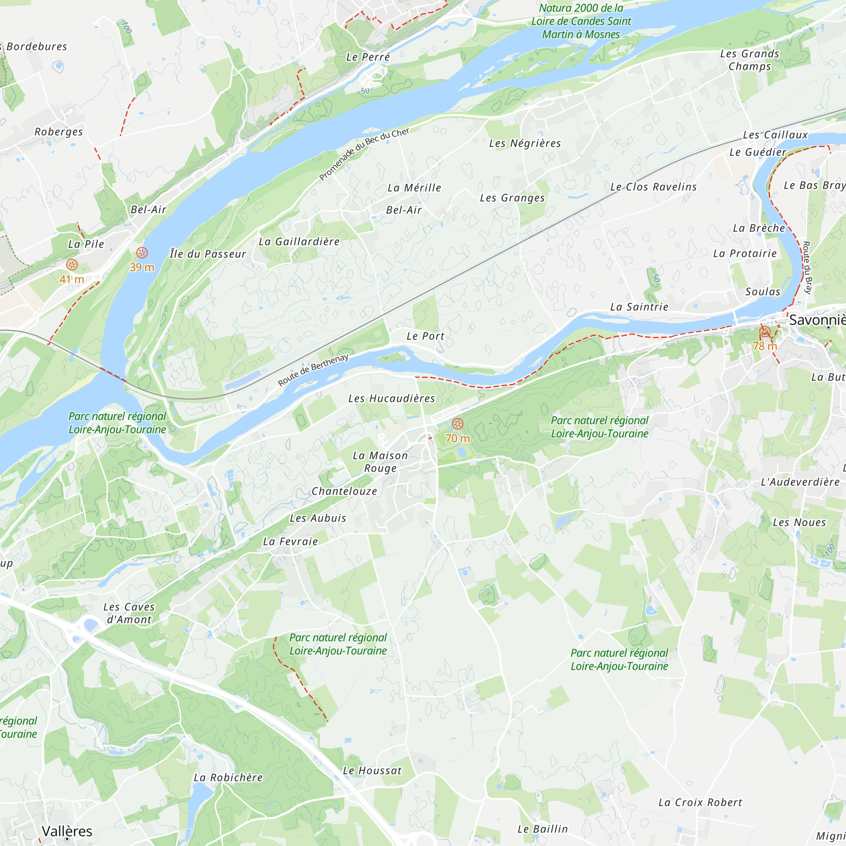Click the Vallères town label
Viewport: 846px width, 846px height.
(x=67, y=831)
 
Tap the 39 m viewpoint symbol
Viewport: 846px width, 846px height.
(x=142, y=253)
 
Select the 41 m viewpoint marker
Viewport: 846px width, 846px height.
(x=72, y=264)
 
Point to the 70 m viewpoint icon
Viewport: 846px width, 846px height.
(x=457, y=423)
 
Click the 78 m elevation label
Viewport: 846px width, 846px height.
(x=764, y=346)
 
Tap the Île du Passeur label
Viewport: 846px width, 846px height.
(x=208, y=254)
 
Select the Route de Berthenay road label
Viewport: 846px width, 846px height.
(x=313, y=370)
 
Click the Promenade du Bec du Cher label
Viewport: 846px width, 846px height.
(x=364, y=154)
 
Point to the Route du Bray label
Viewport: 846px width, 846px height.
(x=807, y=267)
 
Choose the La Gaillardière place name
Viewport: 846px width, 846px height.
(x=299, y=242)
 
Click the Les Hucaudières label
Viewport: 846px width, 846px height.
(x=391, y=398)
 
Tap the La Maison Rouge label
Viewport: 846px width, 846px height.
(x=380, y=462)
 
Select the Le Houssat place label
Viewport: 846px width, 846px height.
(x=372, y=771)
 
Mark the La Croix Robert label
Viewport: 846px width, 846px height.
(x=700, y=803)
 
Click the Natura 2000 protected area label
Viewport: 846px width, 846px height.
(x=581, y=21)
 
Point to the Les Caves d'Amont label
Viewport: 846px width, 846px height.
(x=129, y=613)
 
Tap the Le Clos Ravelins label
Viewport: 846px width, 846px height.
(x=654, y=187)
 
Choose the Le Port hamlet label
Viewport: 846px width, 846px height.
(x=425, y=336)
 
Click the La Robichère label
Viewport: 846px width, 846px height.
(x=228, y=778)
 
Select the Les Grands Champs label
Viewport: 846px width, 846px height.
(x=750, y=60)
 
